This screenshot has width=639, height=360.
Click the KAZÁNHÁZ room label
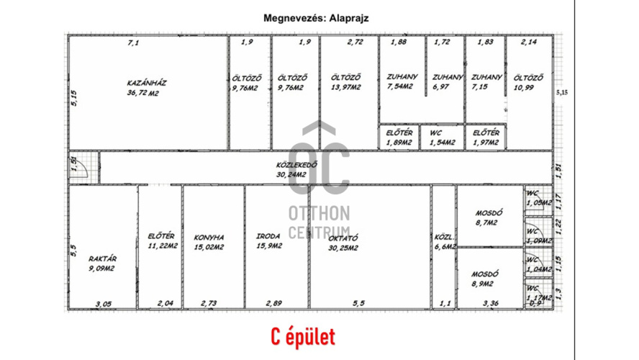[x=147, y=83]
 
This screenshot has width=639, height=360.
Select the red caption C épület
[x=303, y=336]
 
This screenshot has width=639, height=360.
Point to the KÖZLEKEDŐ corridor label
[x=297, y=164]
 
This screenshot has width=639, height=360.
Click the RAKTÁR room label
[x=103, y=258]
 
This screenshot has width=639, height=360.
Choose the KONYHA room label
[x=209, y=237]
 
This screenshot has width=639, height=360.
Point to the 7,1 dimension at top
[x=132, y=44]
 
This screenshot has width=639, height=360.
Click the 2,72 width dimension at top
[x=355, y=42]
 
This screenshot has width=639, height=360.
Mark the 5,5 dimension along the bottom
[x=358, y=304]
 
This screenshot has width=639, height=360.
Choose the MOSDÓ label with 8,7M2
[x=489, y=213]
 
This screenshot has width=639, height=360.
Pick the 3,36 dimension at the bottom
[x=490, y=304]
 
